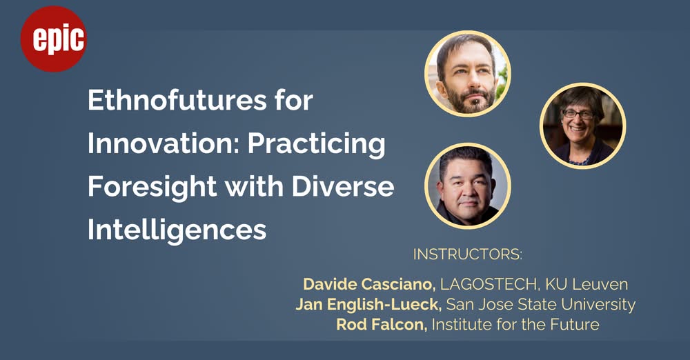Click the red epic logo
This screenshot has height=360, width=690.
(54, 39)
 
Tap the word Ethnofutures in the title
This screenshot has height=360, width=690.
(177, 100)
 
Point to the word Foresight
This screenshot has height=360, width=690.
(152, 188)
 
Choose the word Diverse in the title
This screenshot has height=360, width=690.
(343, 187)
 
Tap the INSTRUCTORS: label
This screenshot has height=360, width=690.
(468, 254)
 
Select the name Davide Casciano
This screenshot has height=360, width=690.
(369, 284)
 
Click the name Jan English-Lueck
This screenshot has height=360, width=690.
(368, 305)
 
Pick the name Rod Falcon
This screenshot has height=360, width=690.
(382, 325)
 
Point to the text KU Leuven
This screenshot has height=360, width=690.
(586, 284)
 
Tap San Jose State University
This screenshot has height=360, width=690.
(541, 305)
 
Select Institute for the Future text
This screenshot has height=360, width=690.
(515, 325)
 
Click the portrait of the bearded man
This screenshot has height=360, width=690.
(468, 74)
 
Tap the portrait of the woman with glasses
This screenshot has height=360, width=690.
(582, 126)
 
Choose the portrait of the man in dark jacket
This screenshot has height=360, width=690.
(468, 186)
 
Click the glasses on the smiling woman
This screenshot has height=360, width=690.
(578, 114)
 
